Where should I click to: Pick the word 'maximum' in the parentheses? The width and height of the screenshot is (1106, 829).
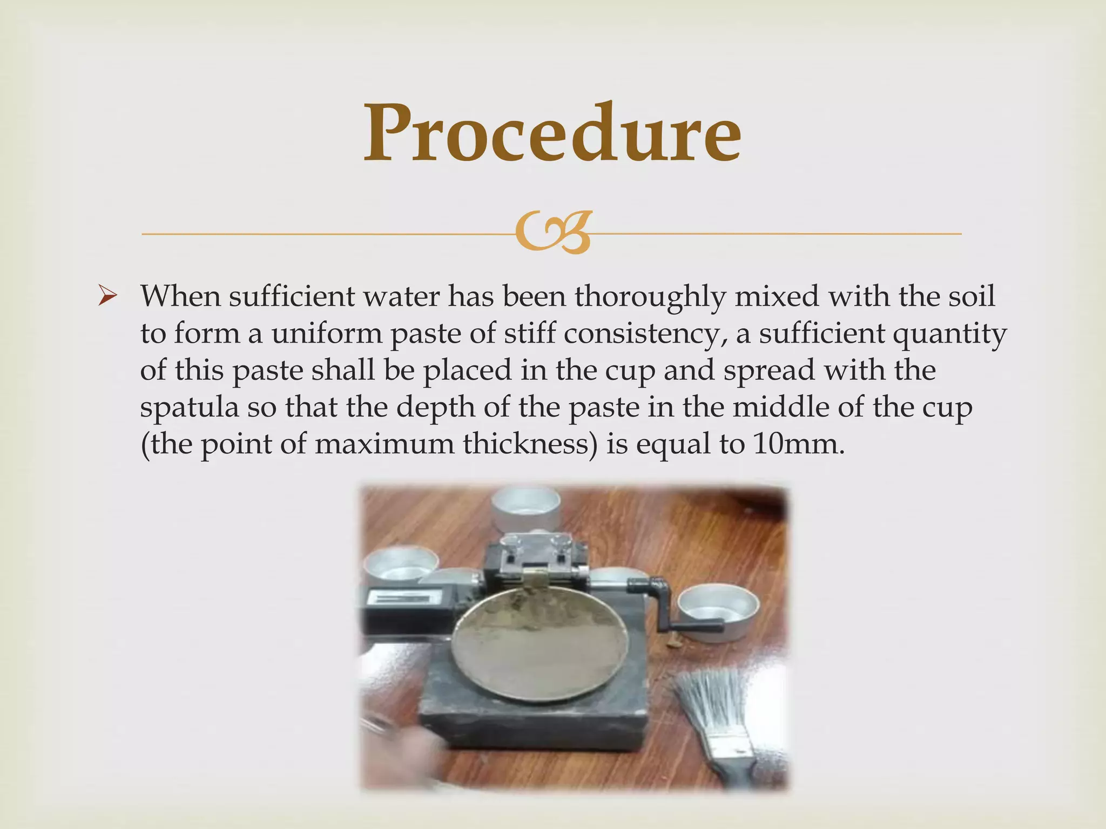coord(384,444)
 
